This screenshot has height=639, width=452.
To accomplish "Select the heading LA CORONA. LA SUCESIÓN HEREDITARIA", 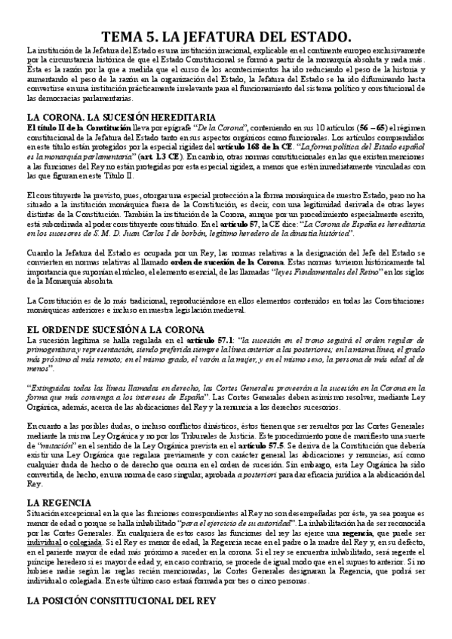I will click(x=121, y=118).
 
